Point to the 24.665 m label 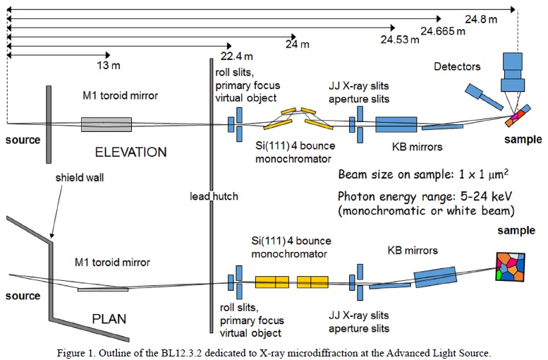pos(443,30)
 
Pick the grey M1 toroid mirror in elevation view pos(106,124)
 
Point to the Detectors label pos(457,67)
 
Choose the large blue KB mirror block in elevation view pos(396,124)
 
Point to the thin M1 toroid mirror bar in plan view pos(103,289)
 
